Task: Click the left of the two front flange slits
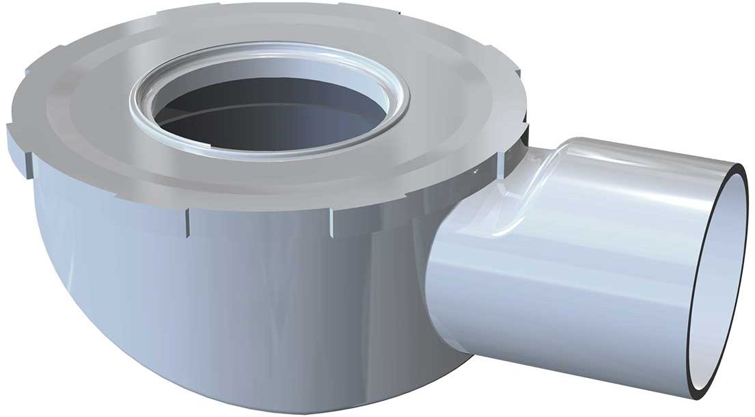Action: [186, 222]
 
